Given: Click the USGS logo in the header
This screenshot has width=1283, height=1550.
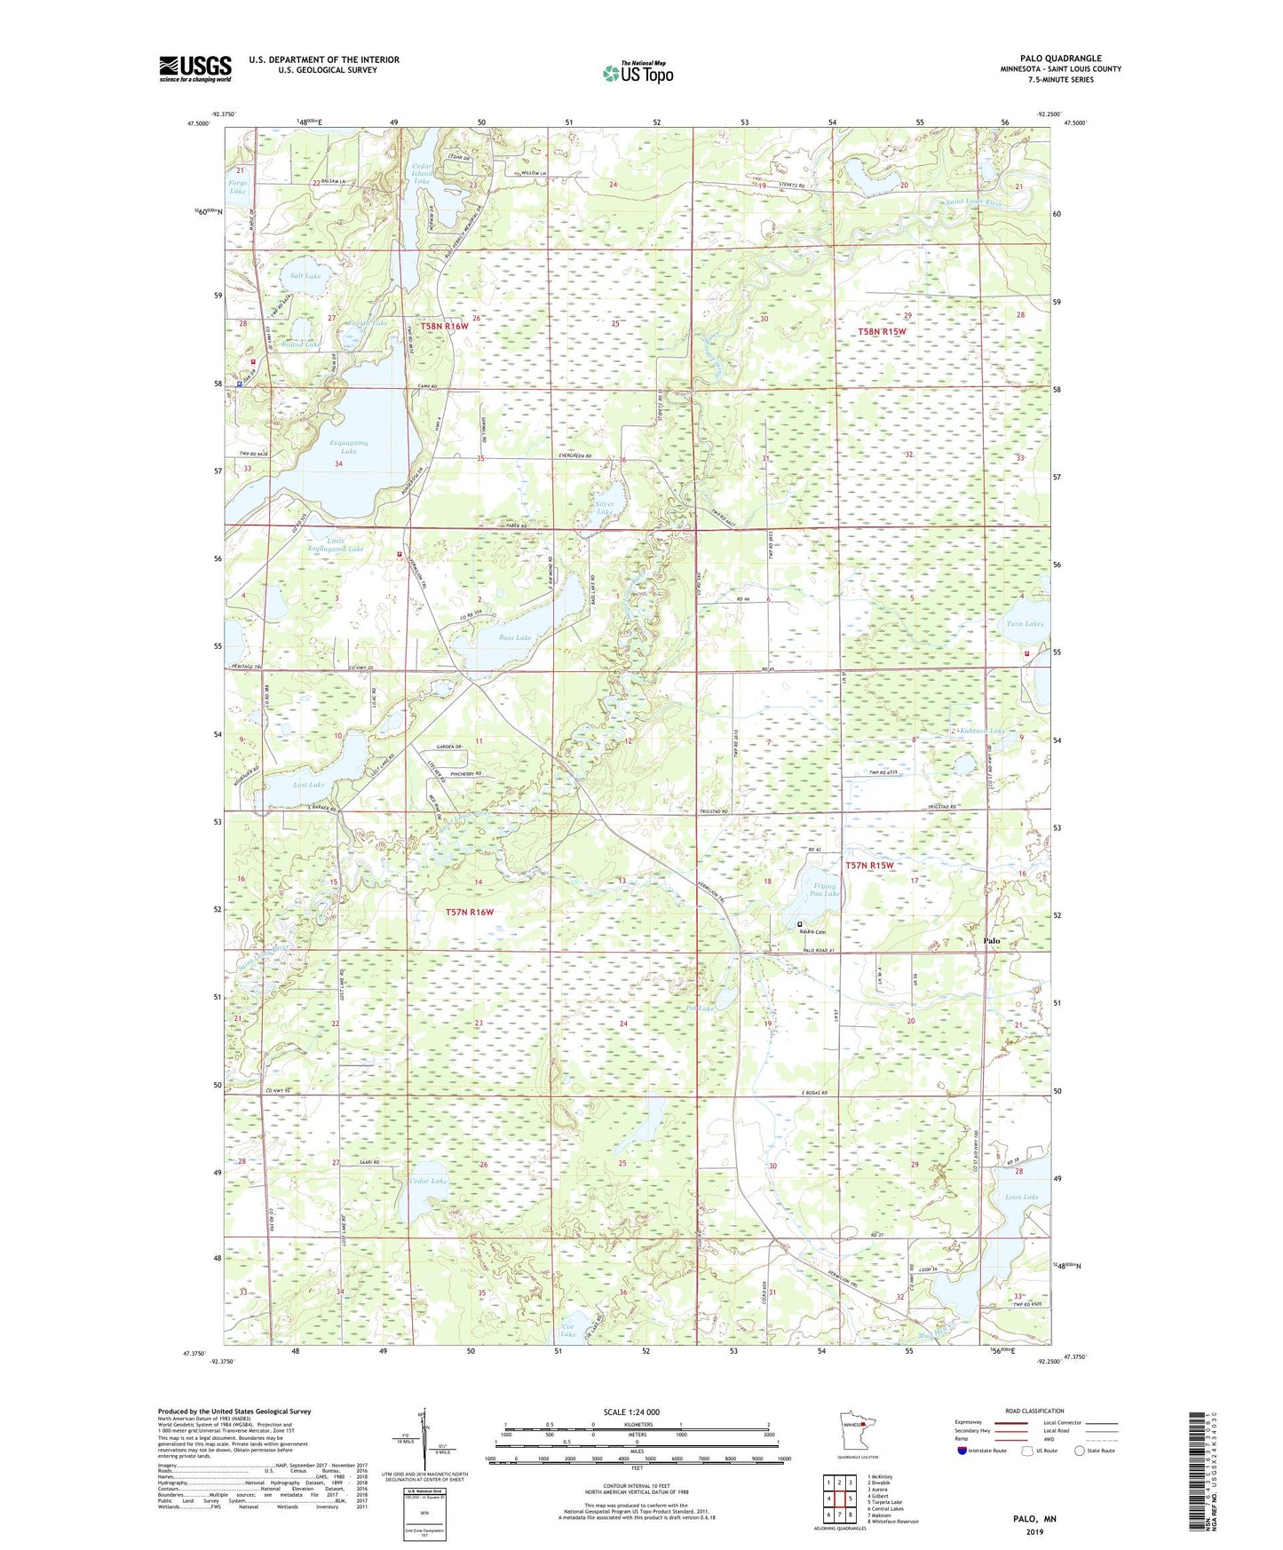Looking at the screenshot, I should point(195,67).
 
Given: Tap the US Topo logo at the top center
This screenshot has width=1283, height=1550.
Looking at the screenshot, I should point(637,72).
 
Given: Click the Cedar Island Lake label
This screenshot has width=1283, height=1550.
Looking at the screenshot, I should point(421,173).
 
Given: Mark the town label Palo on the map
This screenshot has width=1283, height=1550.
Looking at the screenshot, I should point(991,940).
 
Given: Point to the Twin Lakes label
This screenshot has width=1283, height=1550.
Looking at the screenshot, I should point(1025,623).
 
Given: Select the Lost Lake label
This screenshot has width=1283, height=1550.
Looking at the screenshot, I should point(308,785).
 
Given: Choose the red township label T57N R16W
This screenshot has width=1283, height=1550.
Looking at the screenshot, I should point(469,912).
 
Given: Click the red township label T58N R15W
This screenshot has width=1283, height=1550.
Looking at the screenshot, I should point(881,332).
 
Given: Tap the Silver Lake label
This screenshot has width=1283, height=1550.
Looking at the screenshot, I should point(603,507).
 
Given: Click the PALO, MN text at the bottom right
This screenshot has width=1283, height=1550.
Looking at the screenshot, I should point(1034,1518).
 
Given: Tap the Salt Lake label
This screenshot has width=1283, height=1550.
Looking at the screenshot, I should point(305,276).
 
